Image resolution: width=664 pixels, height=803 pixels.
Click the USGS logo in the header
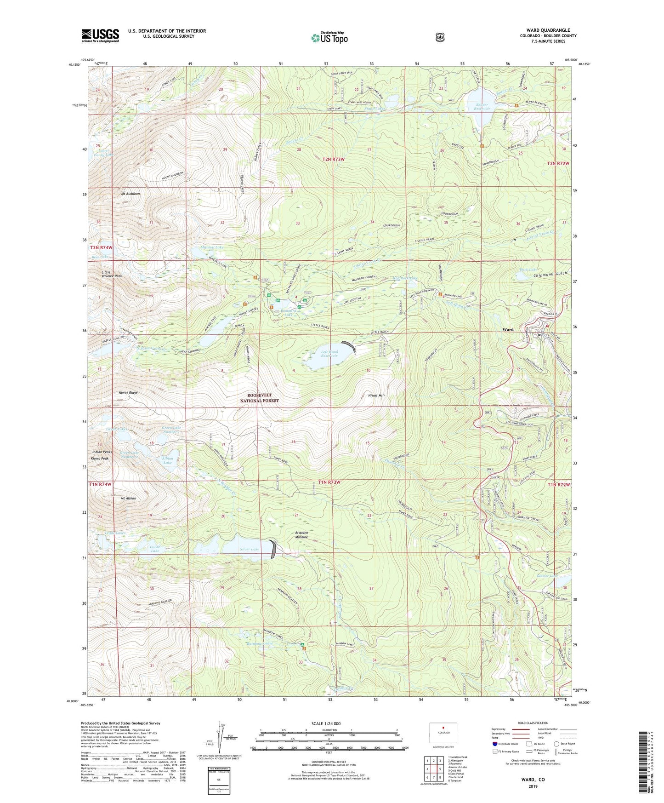tap(100, 35)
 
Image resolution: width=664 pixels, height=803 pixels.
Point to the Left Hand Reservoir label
tap(329, 354)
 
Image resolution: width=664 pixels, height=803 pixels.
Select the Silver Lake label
tap(250, 549)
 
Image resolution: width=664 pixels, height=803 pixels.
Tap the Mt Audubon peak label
tap(131, 194)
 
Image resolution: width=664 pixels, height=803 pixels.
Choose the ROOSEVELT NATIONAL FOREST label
tap(259, 398)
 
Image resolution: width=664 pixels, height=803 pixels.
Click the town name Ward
tap(508, 330)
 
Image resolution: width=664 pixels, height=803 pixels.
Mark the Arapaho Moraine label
tap(301, 535)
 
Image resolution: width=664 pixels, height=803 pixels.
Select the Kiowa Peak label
tap(99, 459)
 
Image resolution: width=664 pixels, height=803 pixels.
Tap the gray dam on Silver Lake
tap(273, 549)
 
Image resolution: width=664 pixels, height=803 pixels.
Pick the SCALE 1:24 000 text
tap(326, 723)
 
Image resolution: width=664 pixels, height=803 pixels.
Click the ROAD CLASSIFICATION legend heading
tap(533, 723)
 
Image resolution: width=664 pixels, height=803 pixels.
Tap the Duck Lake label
tap(528, 270)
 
